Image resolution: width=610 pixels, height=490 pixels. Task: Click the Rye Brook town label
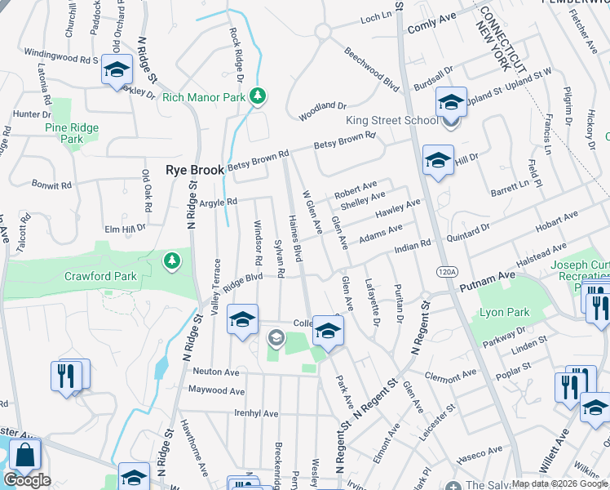(x=194, y=170)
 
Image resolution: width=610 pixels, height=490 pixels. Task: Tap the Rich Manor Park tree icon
(x=258, y=97)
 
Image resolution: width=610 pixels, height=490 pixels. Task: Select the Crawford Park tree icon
(x=171, y=261)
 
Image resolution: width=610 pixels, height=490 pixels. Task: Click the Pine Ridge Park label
(x=72, y=133)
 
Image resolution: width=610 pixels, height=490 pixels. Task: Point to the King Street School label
(x=392, y=120)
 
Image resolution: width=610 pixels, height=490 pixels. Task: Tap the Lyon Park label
(x=504, y=312)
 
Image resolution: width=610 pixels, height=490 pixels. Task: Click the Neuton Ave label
(x=215, y=371)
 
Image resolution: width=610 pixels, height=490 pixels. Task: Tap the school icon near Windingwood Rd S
(x=117, y=70)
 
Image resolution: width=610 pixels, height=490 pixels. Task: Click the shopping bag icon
(x=26, y=456)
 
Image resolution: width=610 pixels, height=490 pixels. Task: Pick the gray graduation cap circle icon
(x=276, y=337)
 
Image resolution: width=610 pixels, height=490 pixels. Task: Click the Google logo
(x=28, y=480)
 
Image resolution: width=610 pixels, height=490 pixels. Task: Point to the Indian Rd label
(x=412, y=245)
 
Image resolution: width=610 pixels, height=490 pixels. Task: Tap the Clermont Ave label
(x=451, y=376)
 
